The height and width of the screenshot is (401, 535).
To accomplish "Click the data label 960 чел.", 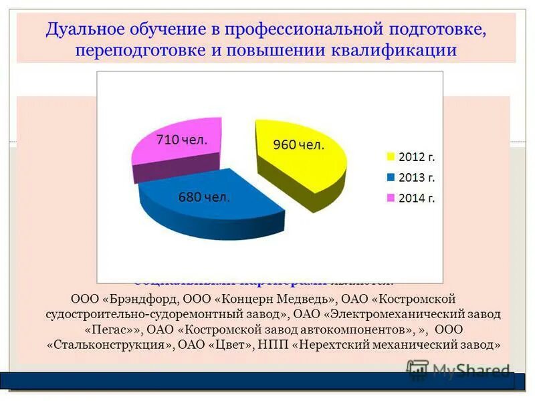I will (298, 145).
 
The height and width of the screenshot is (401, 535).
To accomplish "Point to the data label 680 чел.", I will (203, 197).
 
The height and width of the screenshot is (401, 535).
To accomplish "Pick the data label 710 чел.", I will (181, 140).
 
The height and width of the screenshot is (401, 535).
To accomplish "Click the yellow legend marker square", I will (389, 158).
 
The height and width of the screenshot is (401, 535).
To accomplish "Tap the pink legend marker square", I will (389, 198).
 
